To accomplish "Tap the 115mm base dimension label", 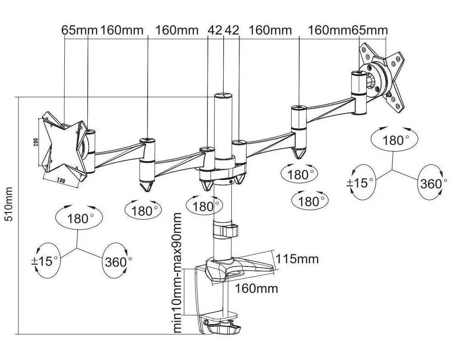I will (x=297, y=259).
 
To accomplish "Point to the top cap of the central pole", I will (x=223, y=96).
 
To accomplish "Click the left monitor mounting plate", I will (x=63, y=145).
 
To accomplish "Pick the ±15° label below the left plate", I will (x=47, y=261).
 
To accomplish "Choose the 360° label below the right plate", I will (x=431, y=184).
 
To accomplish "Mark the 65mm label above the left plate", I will (x=80, y=30).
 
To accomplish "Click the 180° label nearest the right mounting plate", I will (x=393, y=140).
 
